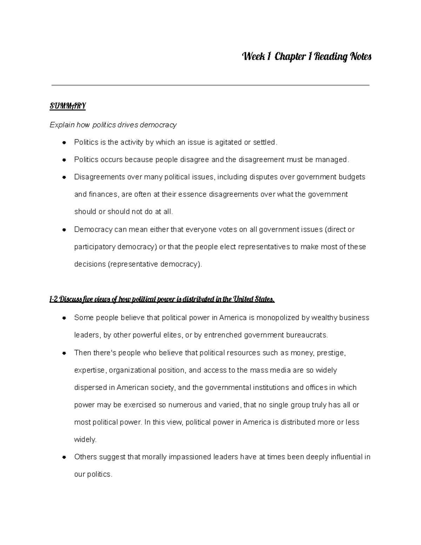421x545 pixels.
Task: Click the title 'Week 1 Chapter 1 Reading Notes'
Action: pyautogui.click(x=307, y=57)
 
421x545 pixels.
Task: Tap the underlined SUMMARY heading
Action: pyautogui.click(x=68, y=106)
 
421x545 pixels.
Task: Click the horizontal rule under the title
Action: pyautogui.click(x=210, y=85)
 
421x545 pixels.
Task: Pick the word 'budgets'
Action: pyautogui.click(x=352, y=177)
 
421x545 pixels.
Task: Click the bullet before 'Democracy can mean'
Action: pyautogui.click(x=64, y=230)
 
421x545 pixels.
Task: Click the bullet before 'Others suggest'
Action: pyautogui.click(x=64, y=457)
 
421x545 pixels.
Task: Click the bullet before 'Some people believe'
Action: pyautogui.click(x=64, y=318)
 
